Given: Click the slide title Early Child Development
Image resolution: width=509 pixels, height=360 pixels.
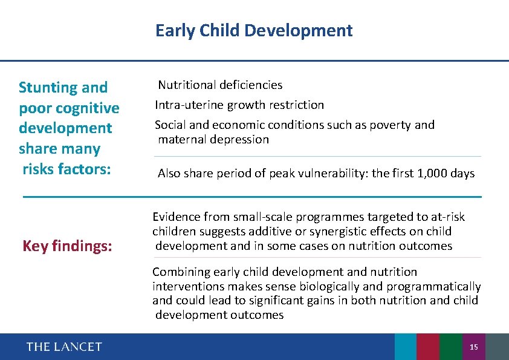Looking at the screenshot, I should tap(254, 30).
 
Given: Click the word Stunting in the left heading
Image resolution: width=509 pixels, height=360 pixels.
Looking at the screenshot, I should tap(45, 88).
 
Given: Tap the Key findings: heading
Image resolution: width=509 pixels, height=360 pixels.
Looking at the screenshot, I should tap(67, 246).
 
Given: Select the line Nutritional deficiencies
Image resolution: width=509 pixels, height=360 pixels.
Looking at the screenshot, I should tap(220, 85).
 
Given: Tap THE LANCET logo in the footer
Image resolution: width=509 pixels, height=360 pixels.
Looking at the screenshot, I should tap(64, 347).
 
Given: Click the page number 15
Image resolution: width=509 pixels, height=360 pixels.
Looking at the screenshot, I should tap(473, 347).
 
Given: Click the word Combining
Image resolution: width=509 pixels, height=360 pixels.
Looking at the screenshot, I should tap(179, 272).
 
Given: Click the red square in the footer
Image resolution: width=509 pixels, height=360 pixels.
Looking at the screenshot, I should tap(428, 347).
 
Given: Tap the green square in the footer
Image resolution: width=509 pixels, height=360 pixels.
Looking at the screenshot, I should tap(450, 347).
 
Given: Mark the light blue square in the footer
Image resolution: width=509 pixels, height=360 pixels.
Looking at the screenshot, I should tap(406, 347).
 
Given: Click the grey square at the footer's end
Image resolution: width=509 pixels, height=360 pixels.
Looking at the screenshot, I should tap(497, 347).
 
